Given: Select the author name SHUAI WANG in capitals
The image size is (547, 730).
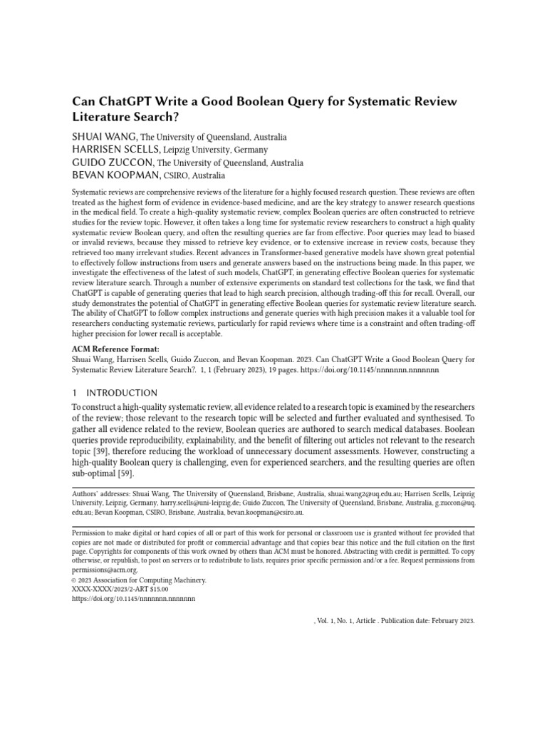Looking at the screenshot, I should coord(104,137).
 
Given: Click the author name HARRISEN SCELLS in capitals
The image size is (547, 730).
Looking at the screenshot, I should coord(116,150).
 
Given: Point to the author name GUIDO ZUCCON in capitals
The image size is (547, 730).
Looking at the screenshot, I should coord(113,163).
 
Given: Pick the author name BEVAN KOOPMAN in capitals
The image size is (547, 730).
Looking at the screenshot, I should coord(117,175).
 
